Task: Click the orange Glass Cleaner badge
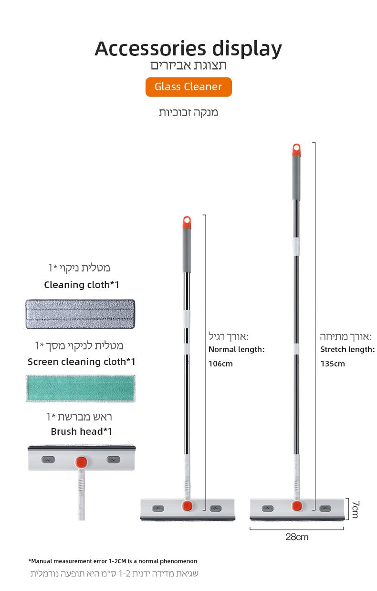[x=188, y=87]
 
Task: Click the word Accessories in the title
[x=150, y=49]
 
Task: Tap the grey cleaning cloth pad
[x=80, y=314]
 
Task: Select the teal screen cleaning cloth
[x=81, y=388]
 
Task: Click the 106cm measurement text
[x=220, y=364]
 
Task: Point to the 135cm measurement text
[x=333, y=364]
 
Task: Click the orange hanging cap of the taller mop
[x=296, y=150]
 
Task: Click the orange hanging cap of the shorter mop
[x=187, y=223]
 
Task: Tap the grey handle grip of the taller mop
[x=296, y=178]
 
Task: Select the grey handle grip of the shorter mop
[x=187, y=251]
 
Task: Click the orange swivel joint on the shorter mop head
[x=188, y=505]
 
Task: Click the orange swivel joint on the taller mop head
[x=297, y=505]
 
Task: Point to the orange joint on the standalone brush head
[x=81, y=462]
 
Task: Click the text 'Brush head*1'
[x=82, y=431]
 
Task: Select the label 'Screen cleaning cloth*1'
[x=82, y=362]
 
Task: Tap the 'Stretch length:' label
[x=347, y=349]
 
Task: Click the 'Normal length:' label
[x=237, y=349]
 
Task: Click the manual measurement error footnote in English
[x=113, y=561]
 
